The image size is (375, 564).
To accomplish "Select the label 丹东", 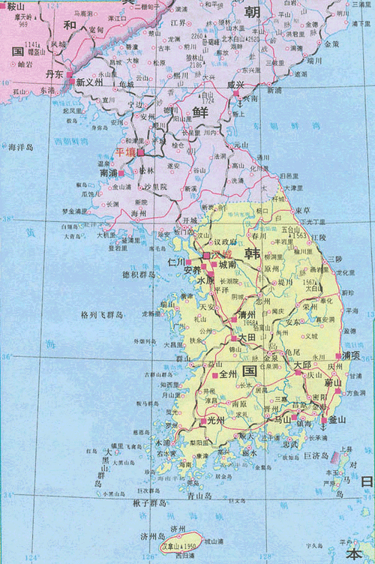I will pyautogui.click(x=55, y=75).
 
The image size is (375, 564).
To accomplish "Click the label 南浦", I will pyautogui.click(x=109, y=172).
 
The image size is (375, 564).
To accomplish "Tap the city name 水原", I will pyautogui.click(x=205, y=280).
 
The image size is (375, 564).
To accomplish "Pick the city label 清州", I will pyautogui.click(x=247, y=316).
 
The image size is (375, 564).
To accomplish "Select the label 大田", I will pyautogui.click(x=246, y=339).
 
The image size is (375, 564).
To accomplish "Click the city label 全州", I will pyautogui.click(x=227, y=373).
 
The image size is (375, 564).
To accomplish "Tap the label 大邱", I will pyautogui.click(x=302, y=364).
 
